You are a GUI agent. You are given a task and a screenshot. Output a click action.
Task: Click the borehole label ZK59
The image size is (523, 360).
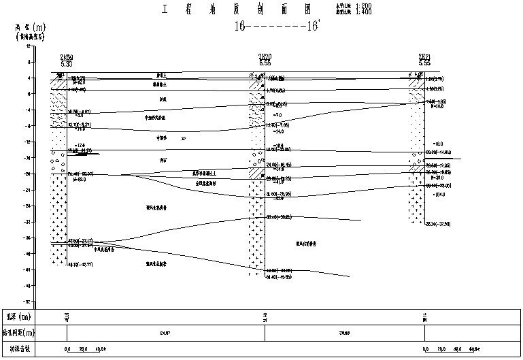click(66, 57)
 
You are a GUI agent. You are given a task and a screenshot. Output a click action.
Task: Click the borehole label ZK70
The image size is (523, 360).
click(265, 57)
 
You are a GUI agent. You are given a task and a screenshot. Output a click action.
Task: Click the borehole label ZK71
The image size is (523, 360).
click(424, 57)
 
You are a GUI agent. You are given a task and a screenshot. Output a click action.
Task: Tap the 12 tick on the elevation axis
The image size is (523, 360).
click(29, 46)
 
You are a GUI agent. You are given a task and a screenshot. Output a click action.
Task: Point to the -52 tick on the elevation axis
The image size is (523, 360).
click(28, 301)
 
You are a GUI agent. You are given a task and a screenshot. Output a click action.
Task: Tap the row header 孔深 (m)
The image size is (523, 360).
click(19, 317)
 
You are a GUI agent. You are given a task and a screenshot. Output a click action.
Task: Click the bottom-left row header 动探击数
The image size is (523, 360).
click(19, 350)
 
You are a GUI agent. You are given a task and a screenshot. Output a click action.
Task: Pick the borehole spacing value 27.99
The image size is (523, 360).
click(344, 333)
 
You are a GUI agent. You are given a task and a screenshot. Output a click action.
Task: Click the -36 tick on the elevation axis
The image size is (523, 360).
click(28, 238)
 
